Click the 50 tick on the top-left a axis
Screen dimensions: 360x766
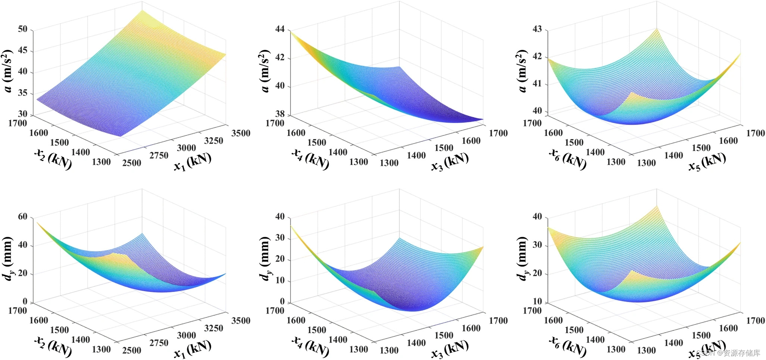[x=23, y=29]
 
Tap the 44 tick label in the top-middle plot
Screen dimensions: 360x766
[x=280, y=29]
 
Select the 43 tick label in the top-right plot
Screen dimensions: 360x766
[x=537, y=29]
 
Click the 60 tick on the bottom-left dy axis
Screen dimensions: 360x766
[x=23, y=217]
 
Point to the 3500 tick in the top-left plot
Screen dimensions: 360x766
[x=241, y=133]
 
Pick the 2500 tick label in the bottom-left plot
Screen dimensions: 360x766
[x=132, y=350]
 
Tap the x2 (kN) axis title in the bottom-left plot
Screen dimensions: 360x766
[x=53, y=346]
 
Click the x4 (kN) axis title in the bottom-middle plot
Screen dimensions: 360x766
[x=310, y=346]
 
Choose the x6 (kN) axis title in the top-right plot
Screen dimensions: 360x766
[x=568, y=159]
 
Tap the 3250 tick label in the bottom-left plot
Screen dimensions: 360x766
[x=213, y=328]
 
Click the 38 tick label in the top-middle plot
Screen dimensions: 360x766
[x=280, y=114]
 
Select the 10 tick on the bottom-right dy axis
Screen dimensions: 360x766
[x=537, y=301]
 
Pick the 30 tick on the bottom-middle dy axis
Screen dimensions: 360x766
[x=280, y=238]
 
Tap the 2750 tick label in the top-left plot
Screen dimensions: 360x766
[x=159, y=156]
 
